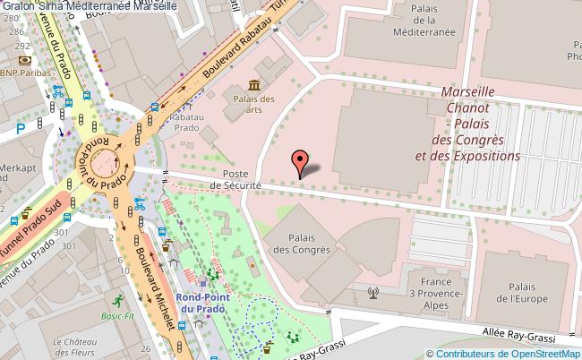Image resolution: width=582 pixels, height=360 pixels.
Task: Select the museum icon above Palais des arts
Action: pos(254,84)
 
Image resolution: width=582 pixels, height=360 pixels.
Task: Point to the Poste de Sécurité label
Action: pos(235,179)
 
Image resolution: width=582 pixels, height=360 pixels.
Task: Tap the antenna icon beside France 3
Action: pos(373,292)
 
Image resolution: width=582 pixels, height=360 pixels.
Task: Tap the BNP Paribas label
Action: pos(23,73)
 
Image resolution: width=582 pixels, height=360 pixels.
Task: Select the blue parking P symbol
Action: pos(20,128)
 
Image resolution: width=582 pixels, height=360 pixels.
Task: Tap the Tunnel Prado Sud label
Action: pos(36,226)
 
